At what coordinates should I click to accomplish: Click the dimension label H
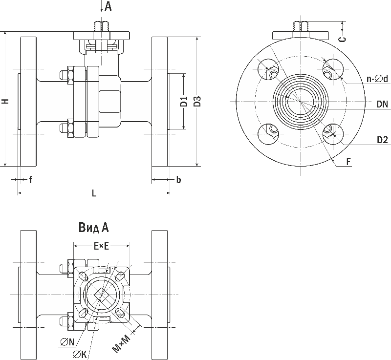[x=5, y=101]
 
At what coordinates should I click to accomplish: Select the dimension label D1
[x=184, y=102]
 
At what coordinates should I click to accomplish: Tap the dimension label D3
[x=197, y=102]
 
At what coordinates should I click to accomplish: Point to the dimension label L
[x=94, y=193]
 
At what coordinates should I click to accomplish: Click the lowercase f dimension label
[x=30, y=180]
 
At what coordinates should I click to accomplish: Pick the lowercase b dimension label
[x=178, y=180]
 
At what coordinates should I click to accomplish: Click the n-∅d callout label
[x=378, y=78]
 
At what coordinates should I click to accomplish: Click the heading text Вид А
[x=93, y=228]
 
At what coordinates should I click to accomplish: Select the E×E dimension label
[x=101, y=247]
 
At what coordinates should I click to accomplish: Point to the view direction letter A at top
[x=108, y=6]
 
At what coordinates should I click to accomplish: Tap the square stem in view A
[x=101, y=295]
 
